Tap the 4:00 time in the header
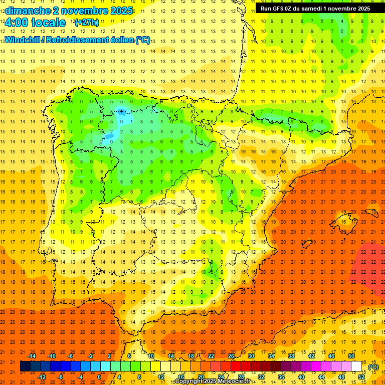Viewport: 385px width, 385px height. pos(18,23)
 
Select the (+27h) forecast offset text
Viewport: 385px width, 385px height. pos(87,23)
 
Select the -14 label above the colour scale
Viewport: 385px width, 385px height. pos(32,355)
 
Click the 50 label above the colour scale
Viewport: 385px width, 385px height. pos(351,355)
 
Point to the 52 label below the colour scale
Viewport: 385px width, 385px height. pos(361,377)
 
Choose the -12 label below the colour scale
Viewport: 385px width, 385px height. pos(42,377)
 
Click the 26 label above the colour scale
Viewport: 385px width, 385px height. pos(231,355)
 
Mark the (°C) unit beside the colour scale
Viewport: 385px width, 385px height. pos(373,367)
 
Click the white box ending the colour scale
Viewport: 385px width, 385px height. pos(356,366)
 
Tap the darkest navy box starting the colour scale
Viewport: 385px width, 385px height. pos(26,366)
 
